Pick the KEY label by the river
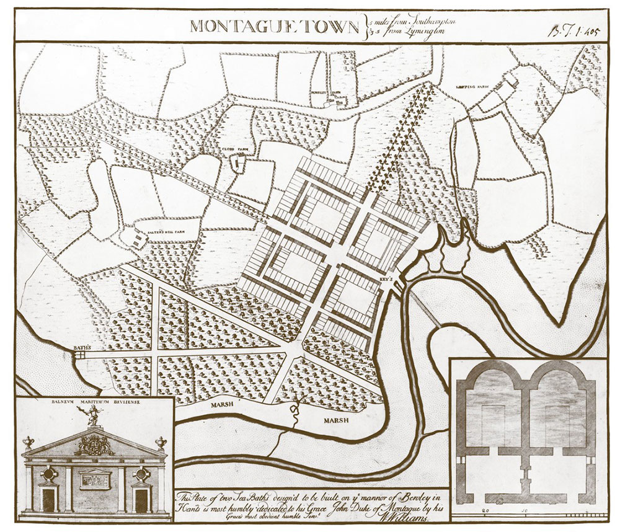pos(386,278)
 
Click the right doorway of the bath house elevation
pos(141,499)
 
